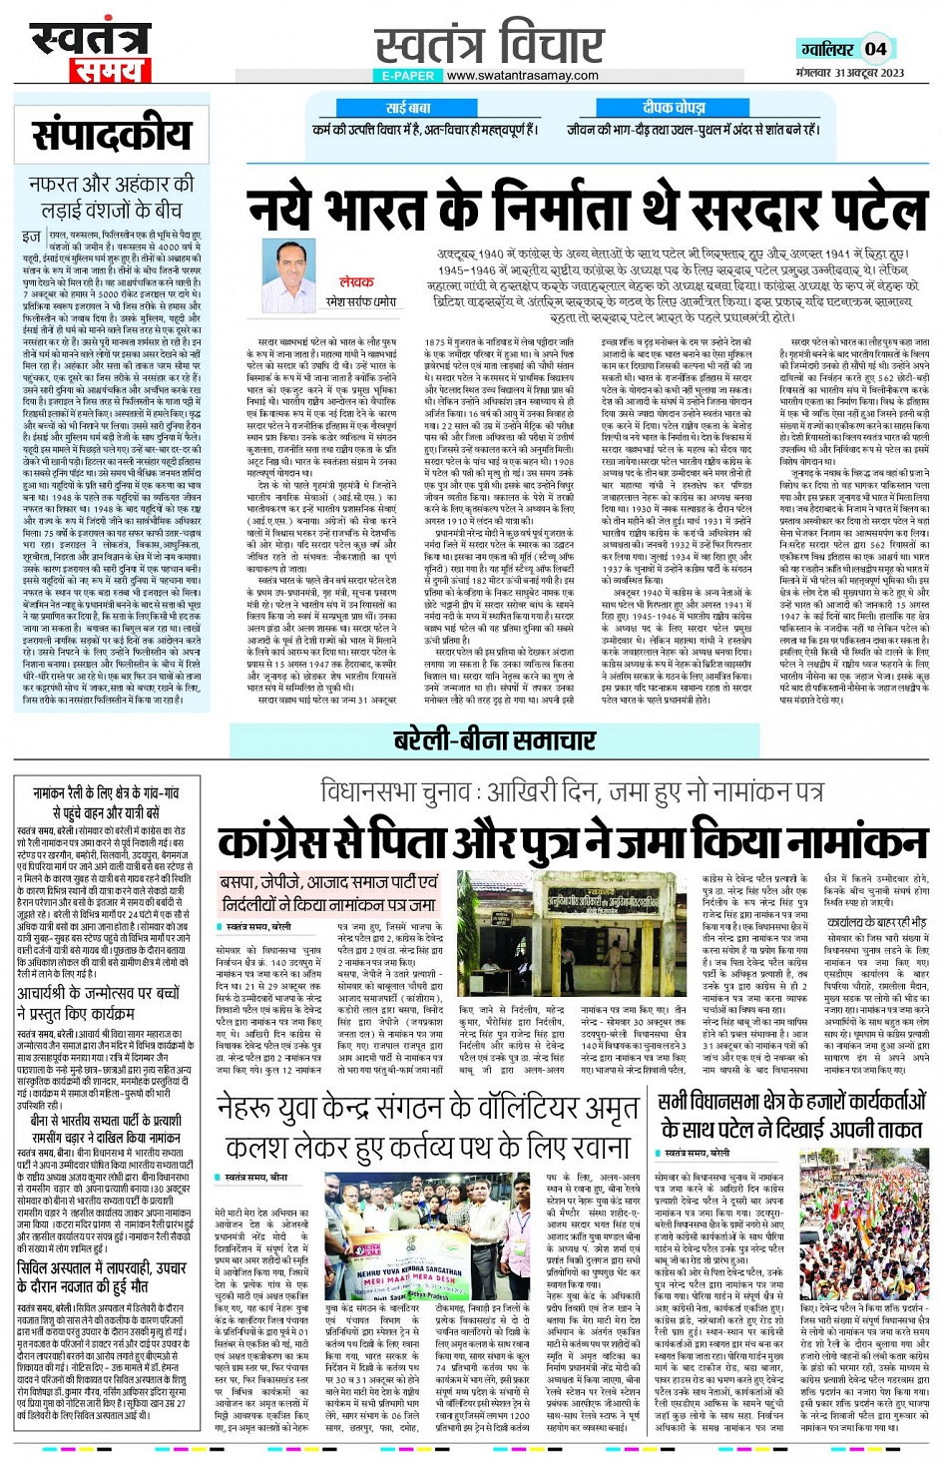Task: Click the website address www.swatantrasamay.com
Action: click(x=522, y=75)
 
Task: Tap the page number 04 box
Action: click(x=875, y=48)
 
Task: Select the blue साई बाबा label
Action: click(x=408, y=107)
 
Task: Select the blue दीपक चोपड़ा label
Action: click(x=674, y=107)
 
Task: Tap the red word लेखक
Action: click(x=356, y=282)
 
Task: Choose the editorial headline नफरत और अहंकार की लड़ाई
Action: click(x=111, y=197)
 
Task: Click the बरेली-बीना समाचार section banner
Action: click(x=494, y=740)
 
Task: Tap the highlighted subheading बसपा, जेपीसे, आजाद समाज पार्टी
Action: click(x=329, y=893)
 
